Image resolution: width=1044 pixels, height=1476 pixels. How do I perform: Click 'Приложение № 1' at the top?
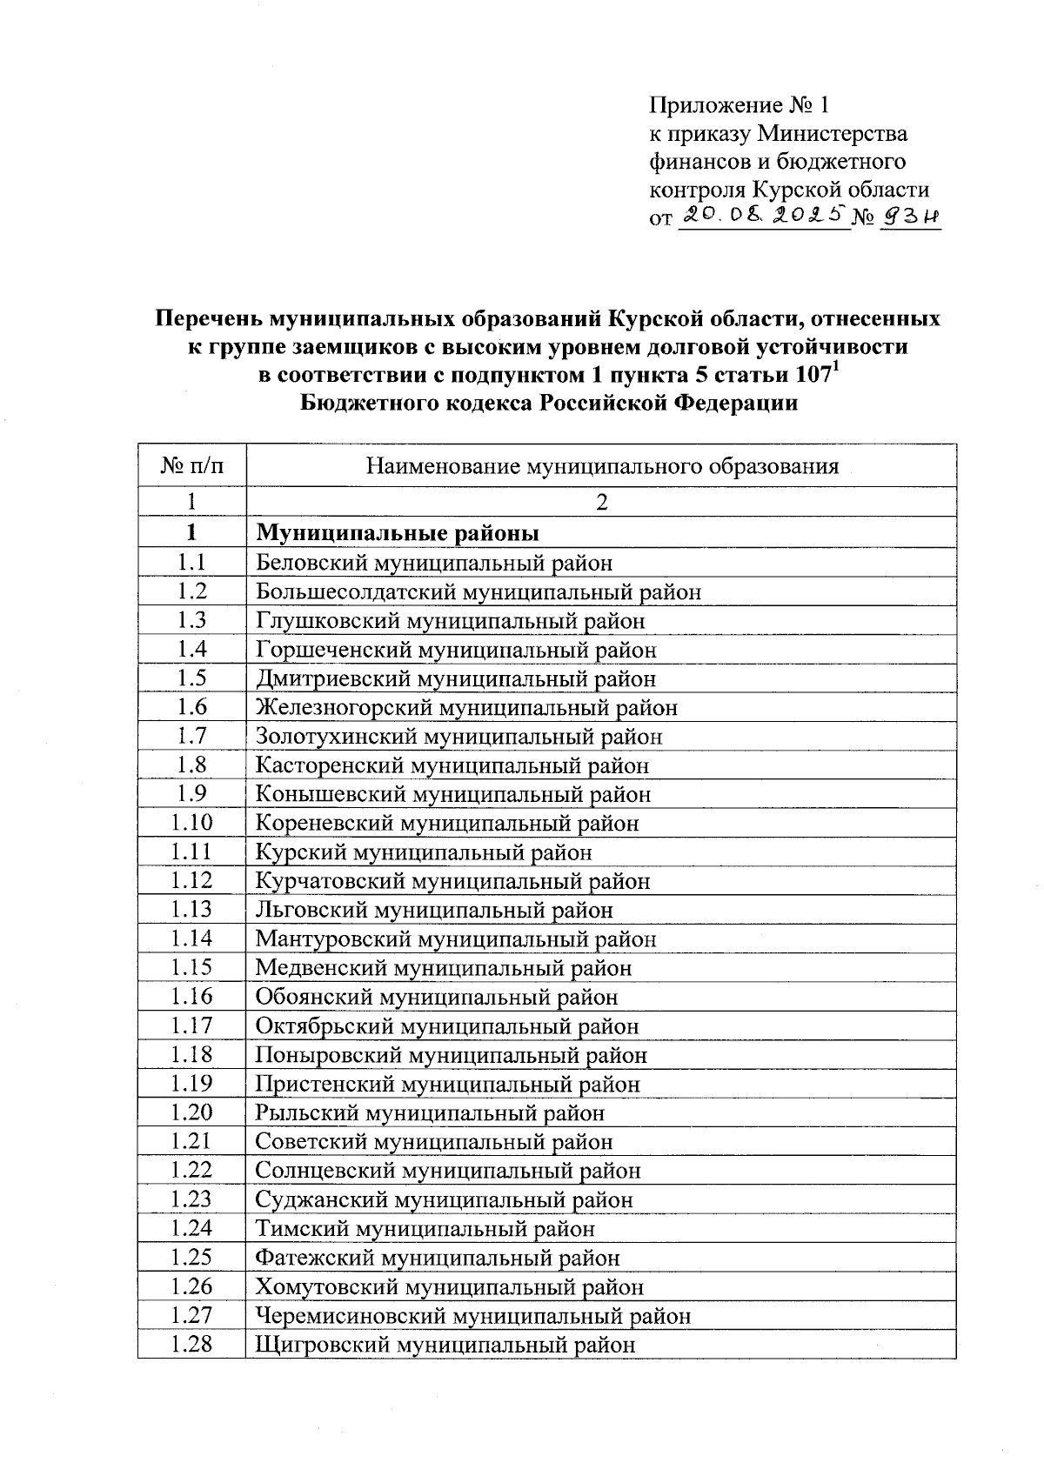[739, 106]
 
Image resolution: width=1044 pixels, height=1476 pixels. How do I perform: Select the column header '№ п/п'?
[192, 466]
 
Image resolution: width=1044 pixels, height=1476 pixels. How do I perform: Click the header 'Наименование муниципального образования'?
[601, 466]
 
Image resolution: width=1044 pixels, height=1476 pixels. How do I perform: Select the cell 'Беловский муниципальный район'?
[434, 563]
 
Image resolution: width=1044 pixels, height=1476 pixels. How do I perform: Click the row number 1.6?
[192, 707]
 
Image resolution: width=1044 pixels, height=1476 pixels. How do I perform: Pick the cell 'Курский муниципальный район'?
[424, 852]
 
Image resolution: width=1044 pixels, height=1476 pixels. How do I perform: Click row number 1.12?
[192, 881]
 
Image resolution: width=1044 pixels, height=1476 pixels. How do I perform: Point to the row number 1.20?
[192, 1112]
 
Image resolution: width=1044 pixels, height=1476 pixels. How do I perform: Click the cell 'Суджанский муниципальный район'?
[444, 1199]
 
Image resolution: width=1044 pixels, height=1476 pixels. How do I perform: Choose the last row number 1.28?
[192, 1344]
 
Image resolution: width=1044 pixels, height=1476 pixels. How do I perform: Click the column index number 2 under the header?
[601, 502]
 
